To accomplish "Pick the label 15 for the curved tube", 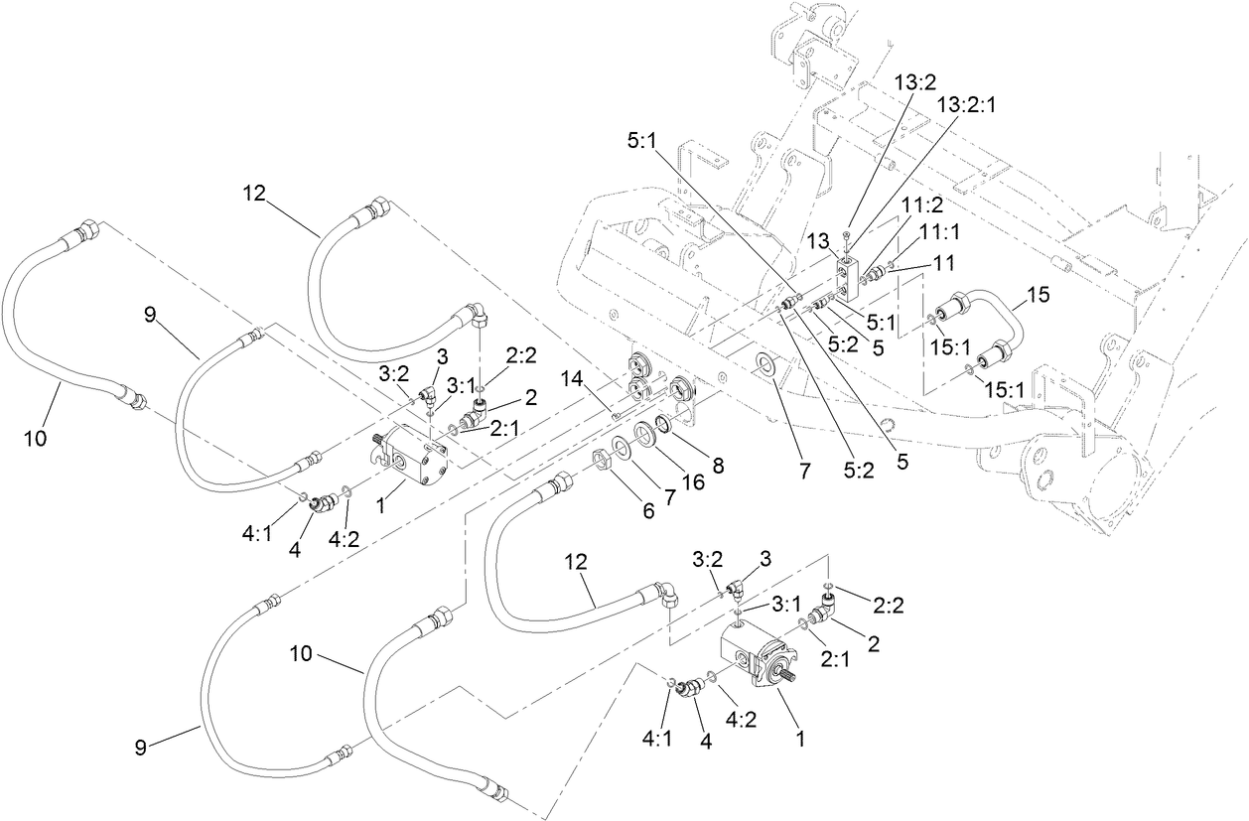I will pyautogui.click(x=1038, y=296).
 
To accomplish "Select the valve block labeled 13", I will pyautogui.click(x=847, y=277).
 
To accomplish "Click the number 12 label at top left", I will pyautogui.click(x=255, y=194).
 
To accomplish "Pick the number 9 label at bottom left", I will pyautogui.click(x=142, y=747).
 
